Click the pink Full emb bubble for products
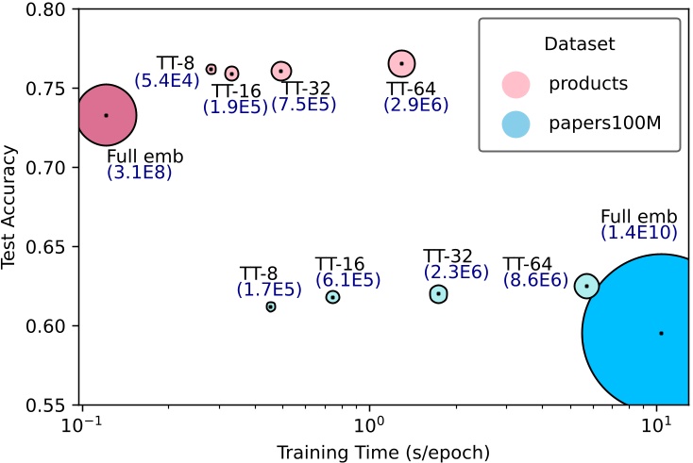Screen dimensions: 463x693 (106, 115)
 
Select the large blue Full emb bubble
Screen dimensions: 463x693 (651, 332)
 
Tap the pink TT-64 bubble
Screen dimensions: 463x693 (402, 63)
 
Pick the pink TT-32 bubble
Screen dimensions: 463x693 (281, 71)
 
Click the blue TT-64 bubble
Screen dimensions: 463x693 (587, 286)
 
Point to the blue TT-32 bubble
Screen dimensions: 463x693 (439, 294)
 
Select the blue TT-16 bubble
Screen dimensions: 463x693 (333, 297)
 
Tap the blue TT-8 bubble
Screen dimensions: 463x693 (271, 306)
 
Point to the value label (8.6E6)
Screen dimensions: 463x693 (534, 280)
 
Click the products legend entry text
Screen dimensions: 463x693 (588, 83)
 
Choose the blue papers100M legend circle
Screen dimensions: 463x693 (516, 123)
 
